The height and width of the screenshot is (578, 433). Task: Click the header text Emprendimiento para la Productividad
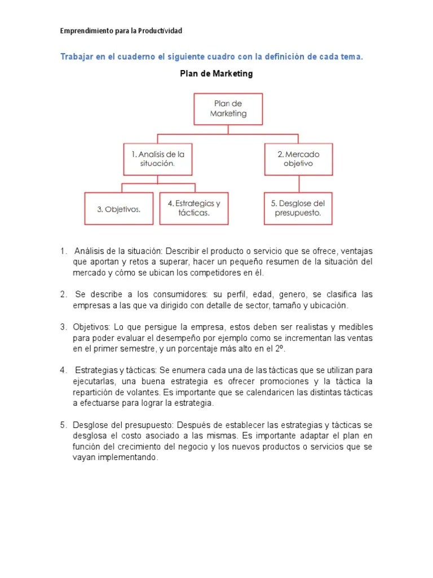(121, 30)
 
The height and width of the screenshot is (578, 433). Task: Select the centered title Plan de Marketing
(216, 73)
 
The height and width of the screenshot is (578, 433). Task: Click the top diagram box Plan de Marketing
(228, 109)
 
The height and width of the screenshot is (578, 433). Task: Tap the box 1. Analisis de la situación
(158, 159)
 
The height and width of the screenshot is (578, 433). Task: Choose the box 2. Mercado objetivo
(298, 159)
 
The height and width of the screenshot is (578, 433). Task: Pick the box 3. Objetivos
(118, 209)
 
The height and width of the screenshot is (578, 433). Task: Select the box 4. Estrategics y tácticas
(193, 208)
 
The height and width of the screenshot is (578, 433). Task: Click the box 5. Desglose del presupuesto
(298, 208)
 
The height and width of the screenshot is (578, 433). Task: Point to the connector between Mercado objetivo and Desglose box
(298, 183)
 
